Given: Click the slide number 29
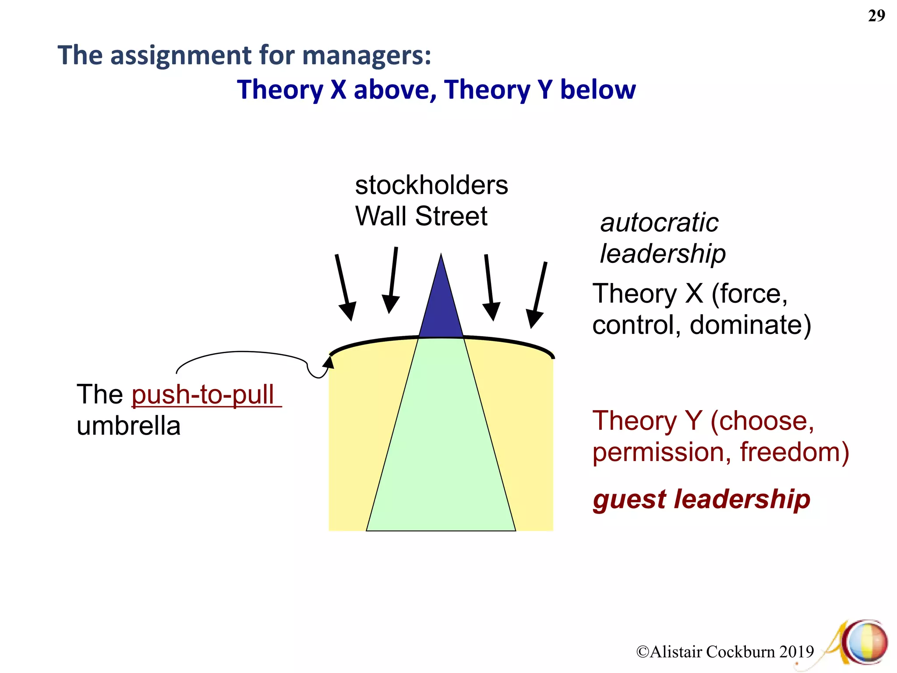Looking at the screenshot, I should [876, 16].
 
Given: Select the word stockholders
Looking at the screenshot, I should [431, 185].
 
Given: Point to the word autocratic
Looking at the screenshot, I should [659, 223].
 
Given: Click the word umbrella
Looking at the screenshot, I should [128, 426].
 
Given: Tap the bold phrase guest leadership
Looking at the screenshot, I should [701, 499].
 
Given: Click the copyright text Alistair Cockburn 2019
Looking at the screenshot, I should [725, 652].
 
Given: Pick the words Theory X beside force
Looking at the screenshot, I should [647, 294].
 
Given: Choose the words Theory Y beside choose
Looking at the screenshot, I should [647, 421].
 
